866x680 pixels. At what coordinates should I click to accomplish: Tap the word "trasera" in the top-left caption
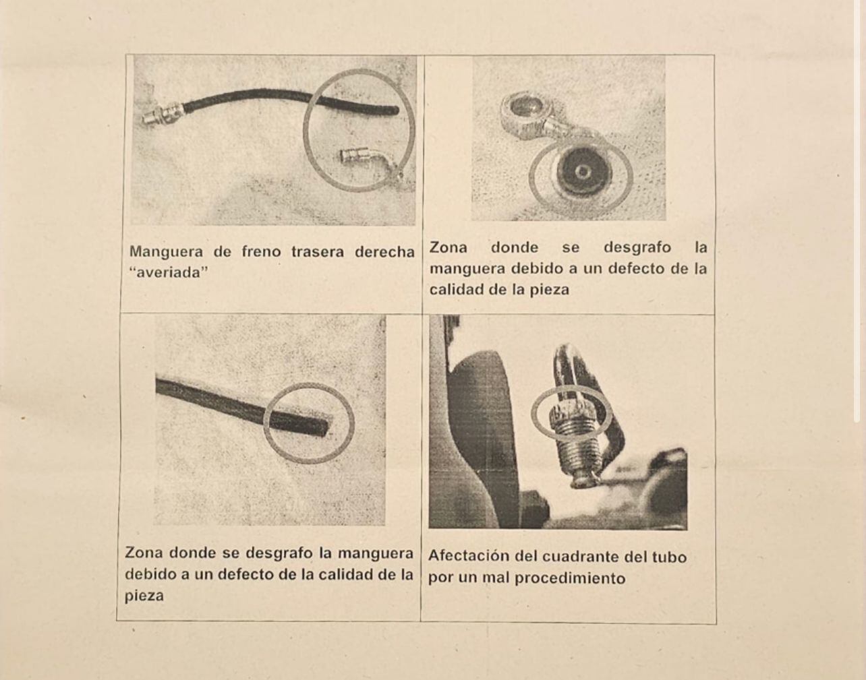tap(317, 252)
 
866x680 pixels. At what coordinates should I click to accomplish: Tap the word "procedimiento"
tap(570, 578)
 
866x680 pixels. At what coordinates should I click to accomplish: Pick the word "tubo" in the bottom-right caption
tap(670, 557)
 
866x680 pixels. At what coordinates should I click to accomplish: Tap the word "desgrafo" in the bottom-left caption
tap(279, 553)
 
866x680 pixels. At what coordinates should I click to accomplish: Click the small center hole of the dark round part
tap(583, 172)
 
